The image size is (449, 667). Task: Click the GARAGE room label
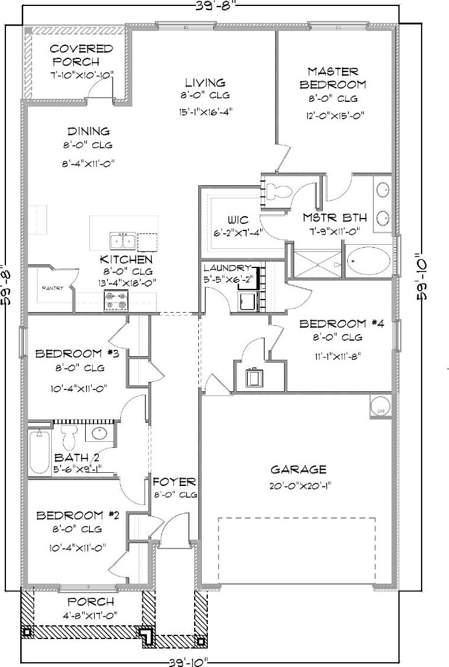[298, 469]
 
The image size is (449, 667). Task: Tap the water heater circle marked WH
[380, 407]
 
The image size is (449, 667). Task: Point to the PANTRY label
[52, 288]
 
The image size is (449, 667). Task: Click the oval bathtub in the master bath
[369, 261]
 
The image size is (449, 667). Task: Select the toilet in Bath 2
[68, 434]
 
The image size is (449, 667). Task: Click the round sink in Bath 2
[99, 433]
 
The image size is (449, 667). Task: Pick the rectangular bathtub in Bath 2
[39, 451]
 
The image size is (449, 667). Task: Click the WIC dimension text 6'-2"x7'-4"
[239, 233]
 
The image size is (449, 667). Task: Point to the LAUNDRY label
[227, 268]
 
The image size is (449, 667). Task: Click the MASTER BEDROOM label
[333, 78]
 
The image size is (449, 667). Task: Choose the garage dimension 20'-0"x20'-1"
[301, 486]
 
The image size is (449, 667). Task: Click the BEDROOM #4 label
[342, 324]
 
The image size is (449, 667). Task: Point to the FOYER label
[174, 482]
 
